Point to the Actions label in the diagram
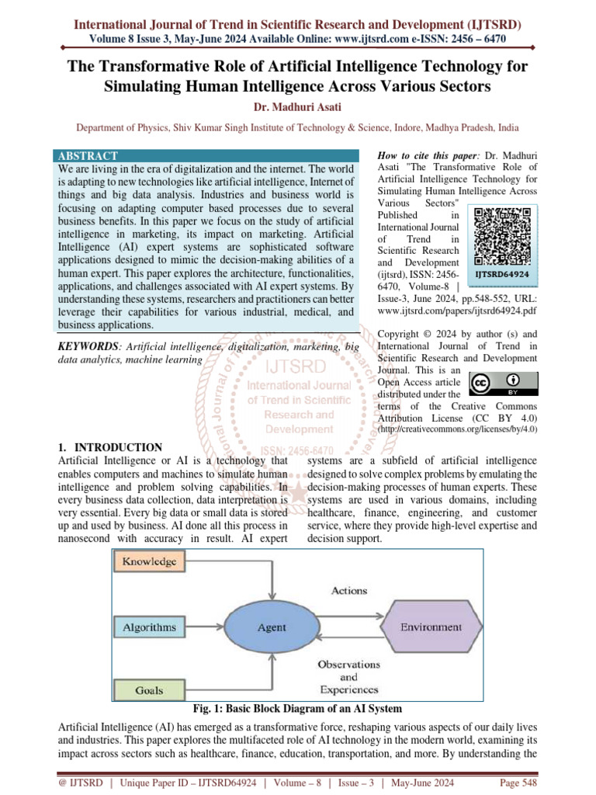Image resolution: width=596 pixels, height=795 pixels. [349, 591]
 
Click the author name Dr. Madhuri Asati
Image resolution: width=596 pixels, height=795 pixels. [298, 106]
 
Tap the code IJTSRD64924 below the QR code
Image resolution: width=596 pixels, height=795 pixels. [502, 274]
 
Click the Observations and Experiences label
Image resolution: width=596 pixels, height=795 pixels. [348, 676]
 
